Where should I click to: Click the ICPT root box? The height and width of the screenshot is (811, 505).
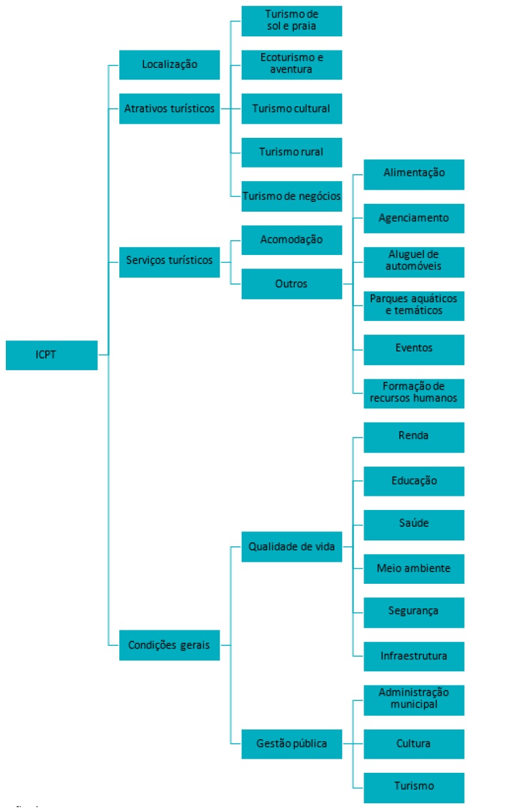click(x=51, y=355)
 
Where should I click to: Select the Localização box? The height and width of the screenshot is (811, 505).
click(x=169, y=64)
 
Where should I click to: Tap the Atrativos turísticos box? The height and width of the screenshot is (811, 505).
click(x=169, y=108)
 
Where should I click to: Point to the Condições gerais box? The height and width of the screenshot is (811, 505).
click(x=169, y=645)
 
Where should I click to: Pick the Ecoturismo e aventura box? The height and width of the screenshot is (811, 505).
click(x=292, y=63)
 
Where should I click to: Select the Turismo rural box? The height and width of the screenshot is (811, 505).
click(x=292, y=152)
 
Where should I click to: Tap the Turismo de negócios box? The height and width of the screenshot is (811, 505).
click(x=292, y=196)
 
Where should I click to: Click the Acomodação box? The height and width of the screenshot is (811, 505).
click(x=292, y=239)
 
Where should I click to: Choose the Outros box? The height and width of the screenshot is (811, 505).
click(x=292, y=283)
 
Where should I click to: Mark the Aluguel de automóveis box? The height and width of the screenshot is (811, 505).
click(x=414, y=261)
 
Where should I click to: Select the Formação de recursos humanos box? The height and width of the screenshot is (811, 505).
click(x=414, y=393)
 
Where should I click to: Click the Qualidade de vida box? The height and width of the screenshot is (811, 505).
click(x=292, y=546)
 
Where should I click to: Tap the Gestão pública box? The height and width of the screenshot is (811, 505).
click(x=292, y=743)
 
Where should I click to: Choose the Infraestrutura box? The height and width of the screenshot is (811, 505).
click(x=414, y=656)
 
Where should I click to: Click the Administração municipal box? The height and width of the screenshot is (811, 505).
click(x=414, y=700)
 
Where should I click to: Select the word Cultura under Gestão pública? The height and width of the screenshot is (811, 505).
click(x=414, y=744)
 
